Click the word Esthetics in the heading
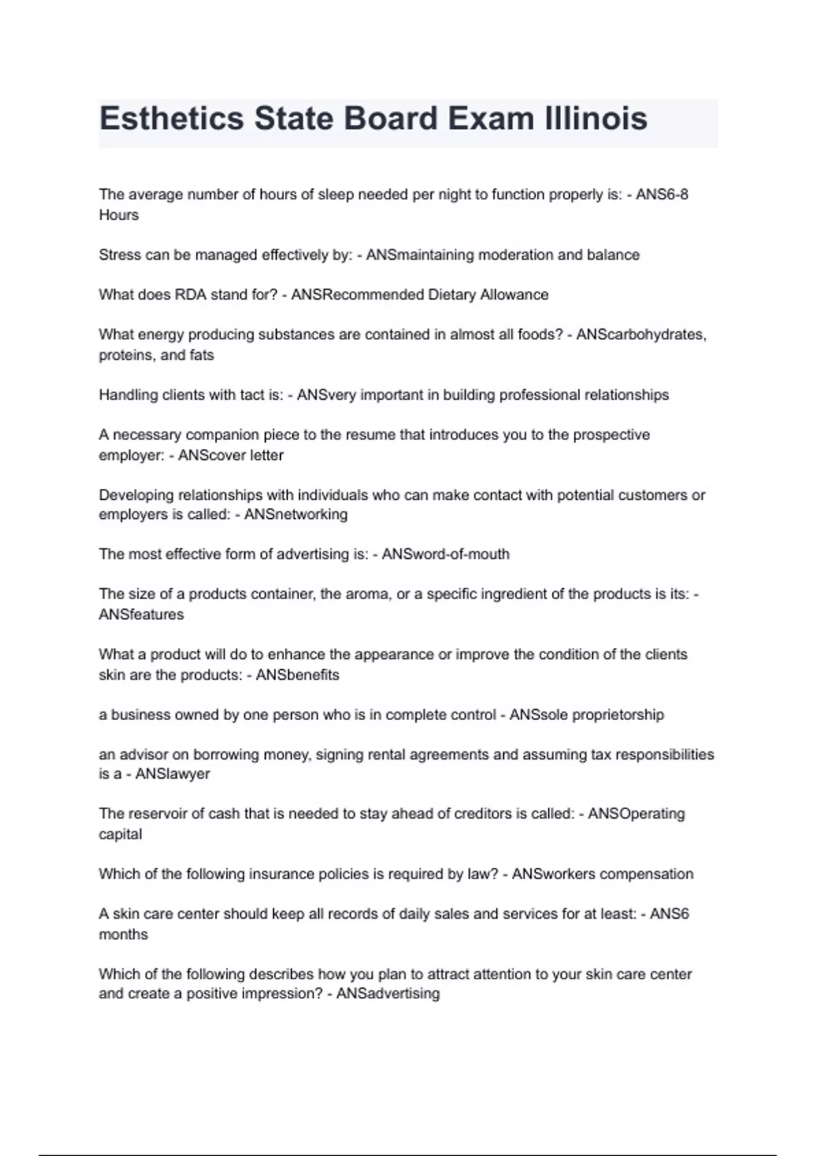[x=172, y=119]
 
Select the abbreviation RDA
[x=190, y=294]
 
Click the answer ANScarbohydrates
[x=641, y=335]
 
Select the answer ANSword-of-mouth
[x=445, y=554]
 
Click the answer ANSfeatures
[x=141, y=615]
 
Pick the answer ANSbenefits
[x=297, y=675]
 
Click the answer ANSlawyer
[x=173, y=774]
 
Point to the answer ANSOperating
[x=636, y=814]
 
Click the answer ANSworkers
[x=553, y=874]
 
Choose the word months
[x=123, y=934]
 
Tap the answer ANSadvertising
[x=388, y=993]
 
